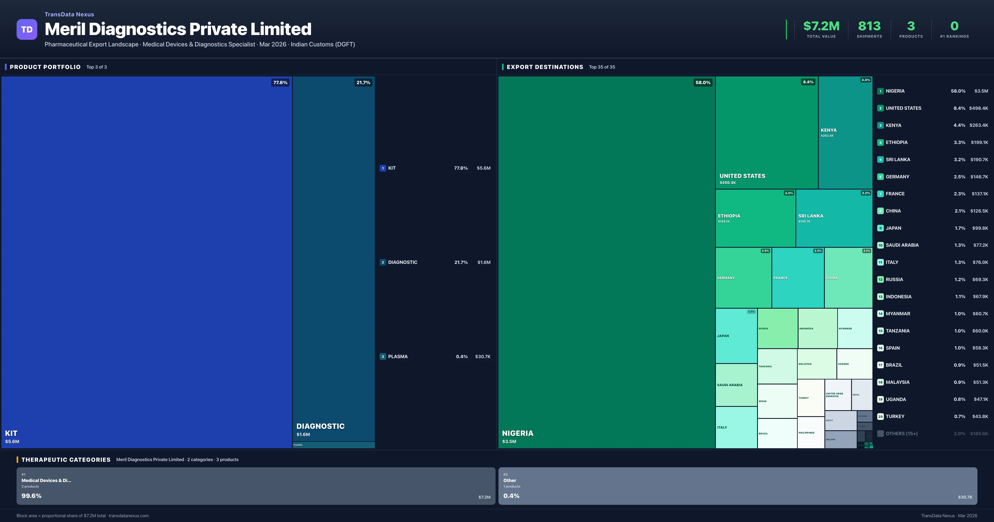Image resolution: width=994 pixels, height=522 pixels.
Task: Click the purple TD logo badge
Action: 27,29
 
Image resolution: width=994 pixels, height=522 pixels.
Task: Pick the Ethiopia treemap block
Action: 755,218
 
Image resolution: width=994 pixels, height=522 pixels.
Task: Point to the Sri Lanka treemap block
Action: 834,218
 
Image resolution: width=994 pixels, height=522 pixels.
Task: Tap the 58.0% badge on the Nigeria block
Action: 703,83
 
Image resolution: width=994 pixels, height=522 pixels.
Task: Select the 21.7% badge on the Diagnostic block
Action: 363,83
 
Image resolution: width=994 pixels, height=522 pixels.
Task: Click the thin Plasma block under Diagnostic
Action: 333,445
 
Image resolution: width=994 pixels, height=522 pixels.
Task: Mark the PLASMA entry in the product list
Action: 398,356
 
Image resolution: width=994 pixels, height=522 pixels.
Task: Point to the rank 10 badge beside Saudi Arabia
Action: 880,245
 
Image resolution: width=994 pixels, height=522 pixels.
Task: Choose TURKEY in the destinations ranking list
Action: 895,416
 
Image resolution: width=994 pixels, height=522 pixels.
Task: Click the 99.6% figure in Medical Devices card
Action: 31,496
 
